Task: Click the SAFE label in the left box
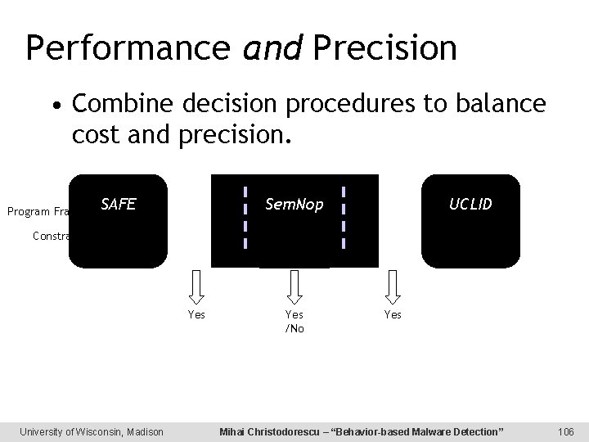pos(118,205)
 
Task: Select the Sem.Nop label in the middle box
pos(294,204)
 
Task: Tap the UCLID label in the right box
pos(470,204)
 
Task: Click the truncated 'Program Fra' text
pos(38,212)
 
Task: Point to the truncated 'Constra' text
pos(51,236)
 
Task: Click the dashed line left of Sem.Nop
pos(245,217)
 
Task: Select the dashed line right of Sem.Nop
pos(344,217)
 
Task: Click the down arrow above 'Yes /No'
pos(294,286)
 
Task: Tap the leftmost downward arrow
pos(196,286)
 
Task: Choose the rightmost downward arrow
pos(393,286)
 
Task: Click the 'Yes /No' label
pos(294,321)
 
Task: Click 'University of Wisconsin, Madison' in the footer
pos(92,431)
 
